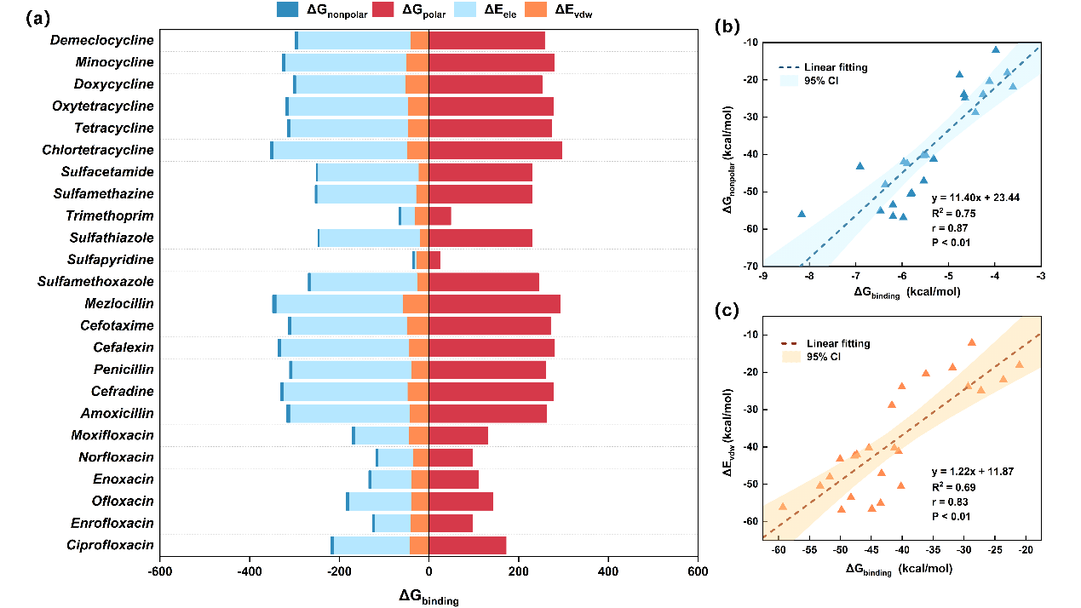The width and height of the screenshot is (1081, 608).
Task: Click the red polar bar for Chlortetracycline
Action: tap(495, 150)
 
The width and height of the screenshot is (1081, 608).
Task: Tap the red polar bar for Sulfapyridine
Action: tap(434, 260)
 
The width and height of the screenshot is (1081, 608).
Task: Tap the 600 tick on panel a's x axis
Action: tap(697, 572)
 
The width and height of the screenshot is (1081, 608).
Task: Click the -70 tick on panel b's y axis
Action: tap(751, 265)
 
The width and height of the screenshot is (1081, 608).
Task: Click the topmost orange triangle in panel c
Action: tap(971, 342)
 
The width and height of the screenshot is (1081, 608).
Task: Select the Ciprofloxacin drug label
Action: tap(111, 545)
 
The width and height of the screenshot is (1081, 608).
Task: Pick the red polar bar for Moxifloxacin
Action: tap(458, 436)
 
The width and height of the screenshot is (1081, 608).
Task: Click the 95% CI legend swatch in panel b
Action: tap(791, 81)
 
